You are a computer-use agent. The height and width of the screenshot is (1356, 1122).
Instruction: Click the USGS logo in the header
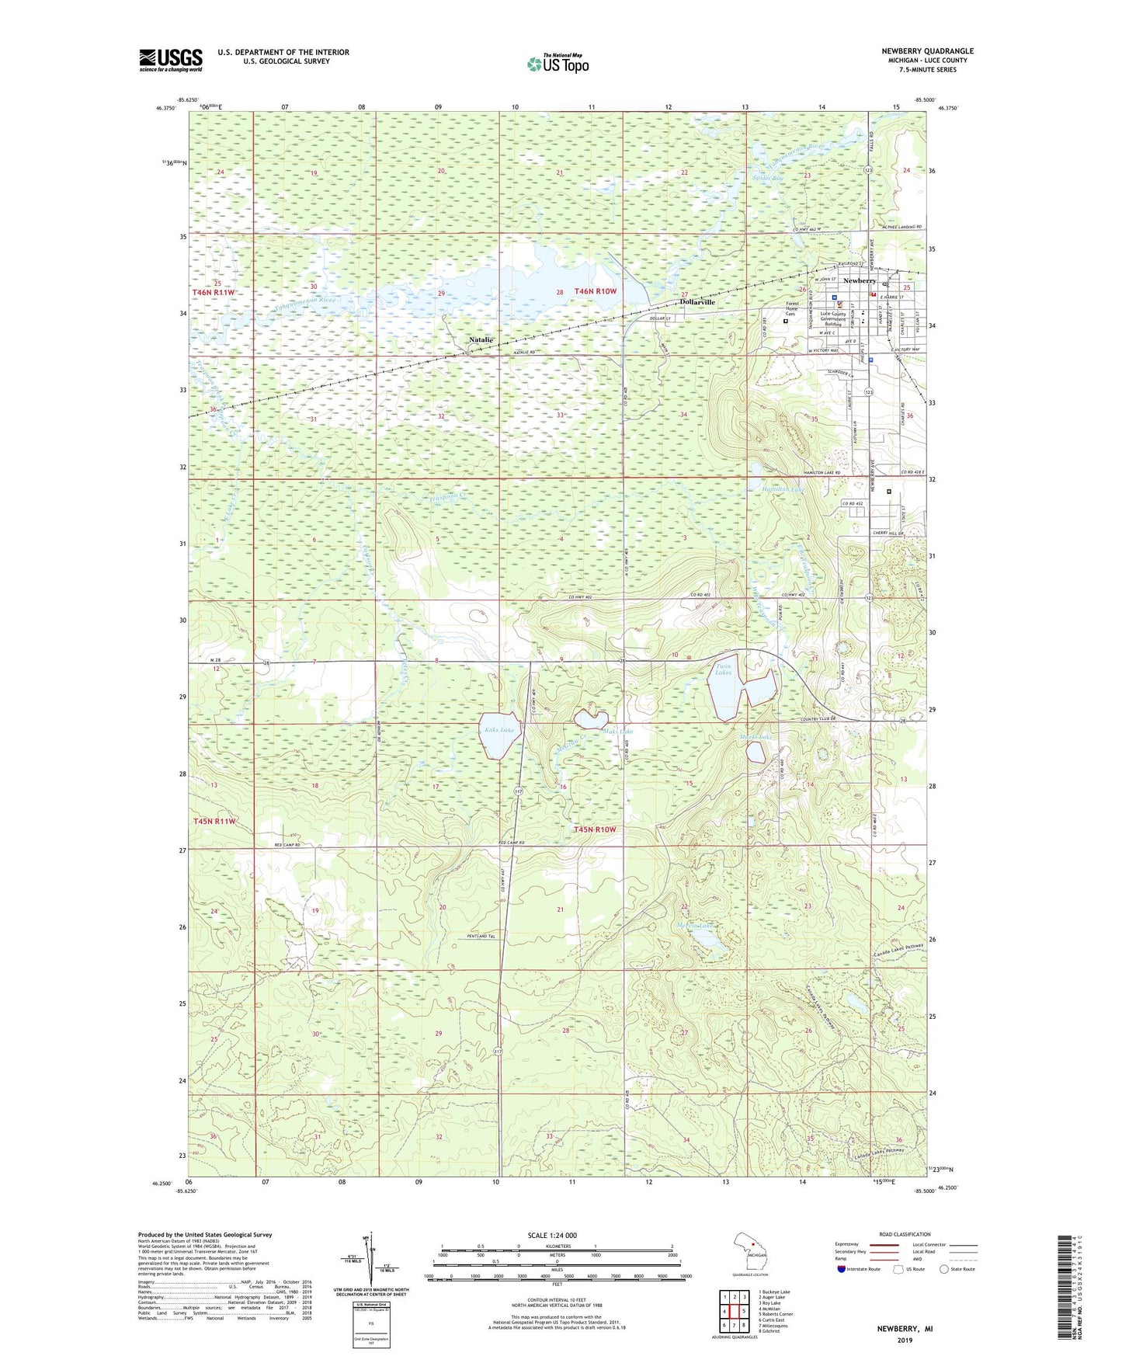coord(170,60)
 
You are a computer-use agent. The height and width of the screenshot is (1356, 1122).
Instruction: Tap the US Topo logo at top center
coord(558,63)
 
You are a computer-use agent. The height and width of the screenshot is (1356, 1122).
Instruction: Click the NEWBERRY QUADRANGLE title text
coord(927,51)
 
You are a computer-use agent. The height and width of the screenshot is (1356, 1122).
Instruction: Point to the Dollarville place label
coord(697,302)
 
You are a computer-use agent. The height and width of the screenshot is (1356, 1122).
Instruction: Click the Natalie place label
coord(481,340)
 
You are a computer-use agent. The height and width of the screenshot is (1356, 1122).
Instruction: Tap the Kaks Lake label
coord(498,730)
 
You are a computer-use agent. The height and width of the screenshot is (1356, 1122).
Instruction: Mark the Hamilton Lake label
coord(785,489)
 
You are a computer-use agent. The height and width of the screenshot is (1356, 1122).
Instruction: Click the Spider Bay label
coord(768,179)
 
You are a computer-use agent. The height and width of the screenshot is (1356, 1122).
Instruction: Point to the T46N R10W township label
coord(596,291)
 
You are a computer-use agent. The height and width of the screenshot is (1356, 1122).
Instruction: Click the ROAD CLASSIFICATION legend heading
coord(905,1234)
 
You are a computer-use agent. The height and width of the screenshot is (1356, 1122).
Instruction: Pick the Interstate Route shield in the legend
coord(842,1269)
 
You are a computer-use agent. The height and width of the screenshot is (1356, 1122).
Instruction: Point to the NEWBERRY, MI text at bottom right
coord(905,1329)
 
